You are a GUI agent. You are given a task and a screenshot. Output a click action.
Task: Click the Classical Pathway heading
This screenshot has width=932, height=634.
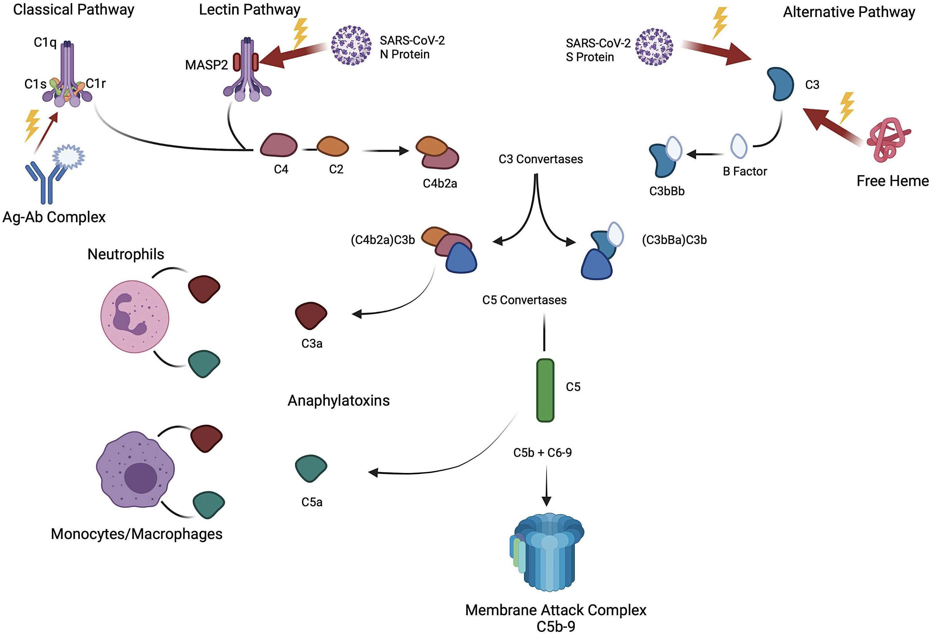[x=74, y=10]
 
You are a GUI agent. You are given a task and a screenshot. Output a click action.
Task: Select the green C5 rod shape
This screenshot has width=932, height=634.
[x=545, y=390]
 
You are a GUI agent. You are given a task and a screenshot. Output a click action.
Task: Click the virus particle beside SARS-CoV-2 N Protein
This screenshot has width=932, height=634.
[x=351, y=45]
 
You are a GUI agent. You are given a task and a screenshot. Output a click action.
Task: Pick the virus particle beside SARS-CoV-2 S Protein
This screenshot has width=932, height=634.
[x=654, y=47]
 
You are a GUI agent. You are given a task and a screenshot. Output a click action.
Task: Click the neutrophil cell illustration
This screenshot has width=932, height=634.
[x=135, y=317]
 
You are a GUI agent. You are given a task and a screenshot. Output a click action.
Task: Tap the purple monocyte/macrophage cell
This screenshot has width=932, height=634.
[x=136, y=469]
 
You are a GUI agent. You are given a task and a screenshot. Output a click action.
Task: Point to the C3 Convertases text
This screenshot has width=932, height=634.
[x=541, y=159]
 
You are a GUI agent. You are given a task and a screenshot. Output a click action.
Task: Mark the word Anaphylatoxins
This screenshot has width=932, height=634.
[x=338, y=400]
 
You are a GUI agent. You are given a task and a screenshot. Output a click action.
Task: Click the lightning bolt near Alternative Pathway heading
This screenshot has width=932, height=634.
[x=720, y=23]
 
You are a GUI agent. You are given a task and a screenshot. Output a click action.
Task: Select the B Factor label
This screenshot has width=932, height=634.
[x=745, y=172]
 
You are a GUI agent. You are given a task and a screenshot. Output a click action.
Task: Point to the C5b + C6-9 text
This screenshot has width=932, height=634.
[x=543, y=453]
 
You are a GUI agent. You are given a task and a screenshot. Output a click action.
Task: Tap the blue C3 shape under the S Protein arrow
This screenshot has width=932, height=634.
[x=780, y=84]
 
